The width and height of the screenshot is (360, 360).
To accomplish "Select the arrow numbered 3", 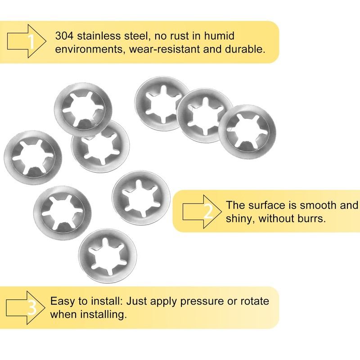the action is tap(26, 308).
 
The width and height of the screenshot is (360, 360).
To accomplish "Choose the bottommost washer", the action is tap(107, 256).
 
